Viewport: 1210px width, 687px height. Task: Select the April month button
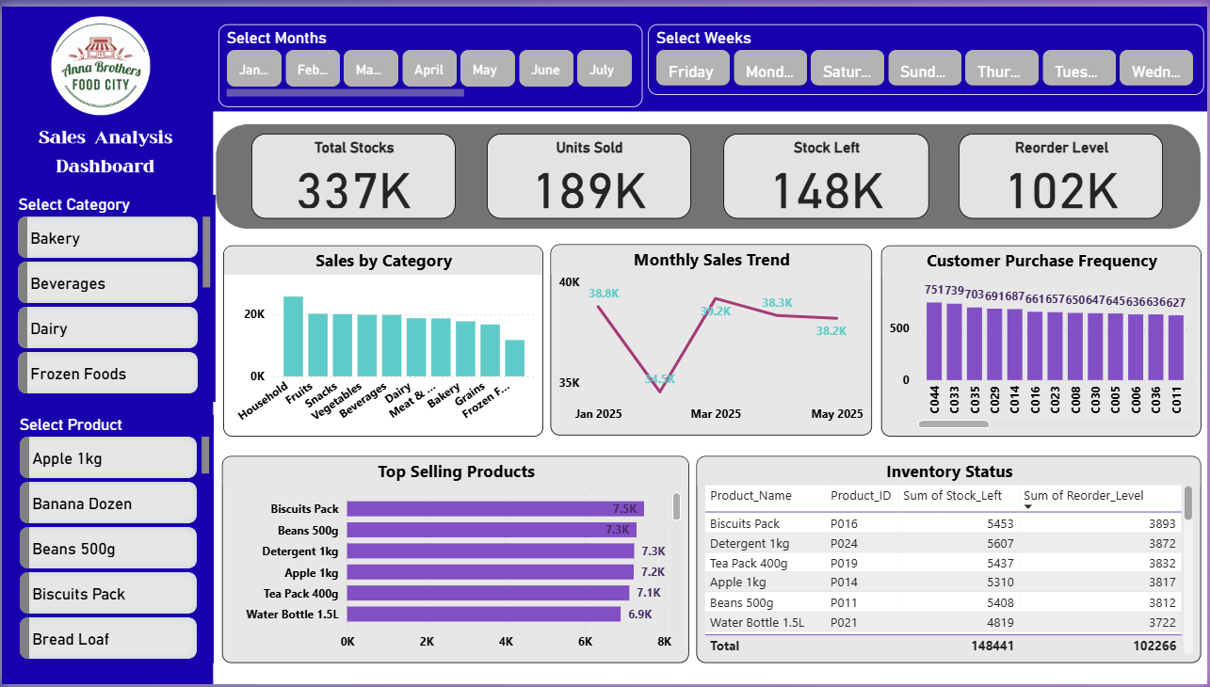coord(428,69)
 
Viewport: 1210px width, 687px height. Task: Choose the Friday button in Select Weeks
coord(691,72)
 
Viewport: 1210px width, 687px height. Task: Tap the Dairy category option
coord(107,328)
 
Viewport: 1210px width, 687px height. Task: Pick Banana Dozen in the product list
coord(107,503)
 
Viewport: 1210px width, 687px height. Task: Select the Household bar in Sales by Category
coord(293,337)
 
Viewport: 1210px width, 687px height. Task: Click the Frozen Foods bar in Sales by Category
coord(514,359)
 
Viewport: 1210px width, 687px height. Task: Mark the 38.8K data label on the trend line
coord(604,294)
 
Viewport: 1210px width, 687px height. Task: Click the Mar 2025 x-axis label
coord(716,414)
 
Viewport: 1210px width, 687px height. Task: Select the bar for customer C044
coord(934,341)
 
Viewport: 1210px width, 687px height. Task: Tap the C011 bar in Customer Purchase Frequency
coord(1176,347)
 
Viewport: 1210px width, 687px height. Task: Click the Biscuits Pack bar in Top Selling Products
coord(495,509)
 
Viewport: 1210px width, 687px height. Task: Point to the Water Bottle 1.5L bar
coord(484,615)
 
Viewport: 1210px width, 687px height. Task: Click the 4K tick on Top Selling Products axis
coord(506,642)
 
